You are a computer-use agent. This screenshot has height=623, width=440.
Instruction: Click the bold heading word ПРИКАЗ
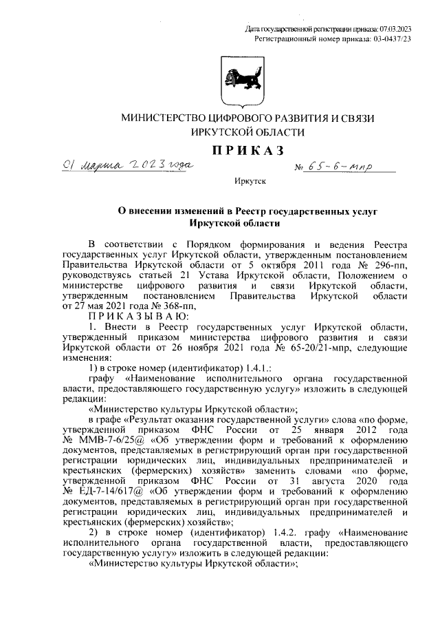click(x=247, y=151)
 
